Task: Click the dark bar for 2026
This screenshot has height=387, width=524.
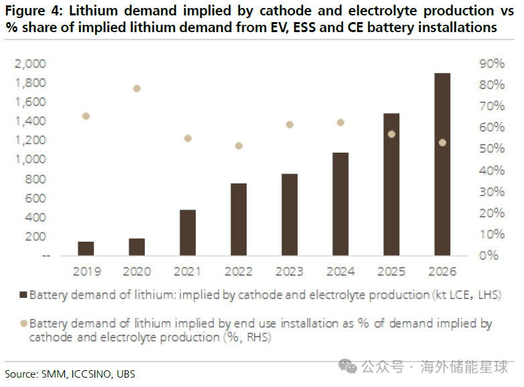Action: coord(442,164)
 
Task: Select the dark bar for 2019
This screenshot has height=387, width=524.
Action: coord(86,249)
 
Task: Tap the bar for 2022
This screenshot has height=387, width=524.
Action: coord(239,220)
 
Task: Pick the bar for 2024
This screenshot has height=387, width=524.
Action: coord(340,204)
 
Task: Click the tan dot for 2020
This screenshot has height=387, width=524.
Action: coord(137,88)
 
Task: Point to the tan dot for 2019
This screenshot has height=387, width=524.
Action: coord(86,117)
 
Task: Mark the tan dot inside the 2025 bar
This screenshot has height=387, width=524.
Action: coord(391,134)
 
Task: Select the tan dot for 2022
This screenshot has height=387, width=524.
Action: coord(239,146)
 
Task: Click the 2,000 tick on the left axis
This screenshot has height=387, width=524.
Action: coord(30,64)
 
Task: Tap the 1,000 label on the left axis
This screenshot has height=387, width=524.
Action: coord(30,159)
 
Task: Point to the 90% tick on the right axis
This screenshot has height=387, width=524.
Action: coord(492,64)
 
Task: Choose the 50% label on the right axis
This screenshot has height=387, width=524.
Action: coord(492,149)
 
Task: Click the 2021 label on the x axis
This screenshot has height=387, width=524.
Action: coord(188,271)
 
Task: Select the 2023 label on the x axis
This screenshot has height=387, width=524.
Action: coord(289,271)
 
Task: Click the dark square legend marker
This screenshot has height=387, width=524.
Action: coord(23,295)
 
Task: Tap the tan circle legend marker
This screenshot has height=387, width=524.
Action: coord(23,323)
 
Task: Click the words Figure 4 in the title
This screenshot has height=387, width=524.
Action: coord(34,11)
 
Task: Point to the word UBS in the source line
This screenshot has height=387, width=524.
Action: coord(126,374)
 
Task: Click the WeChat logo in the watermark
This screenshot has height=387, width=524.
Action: coord(348,366)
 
